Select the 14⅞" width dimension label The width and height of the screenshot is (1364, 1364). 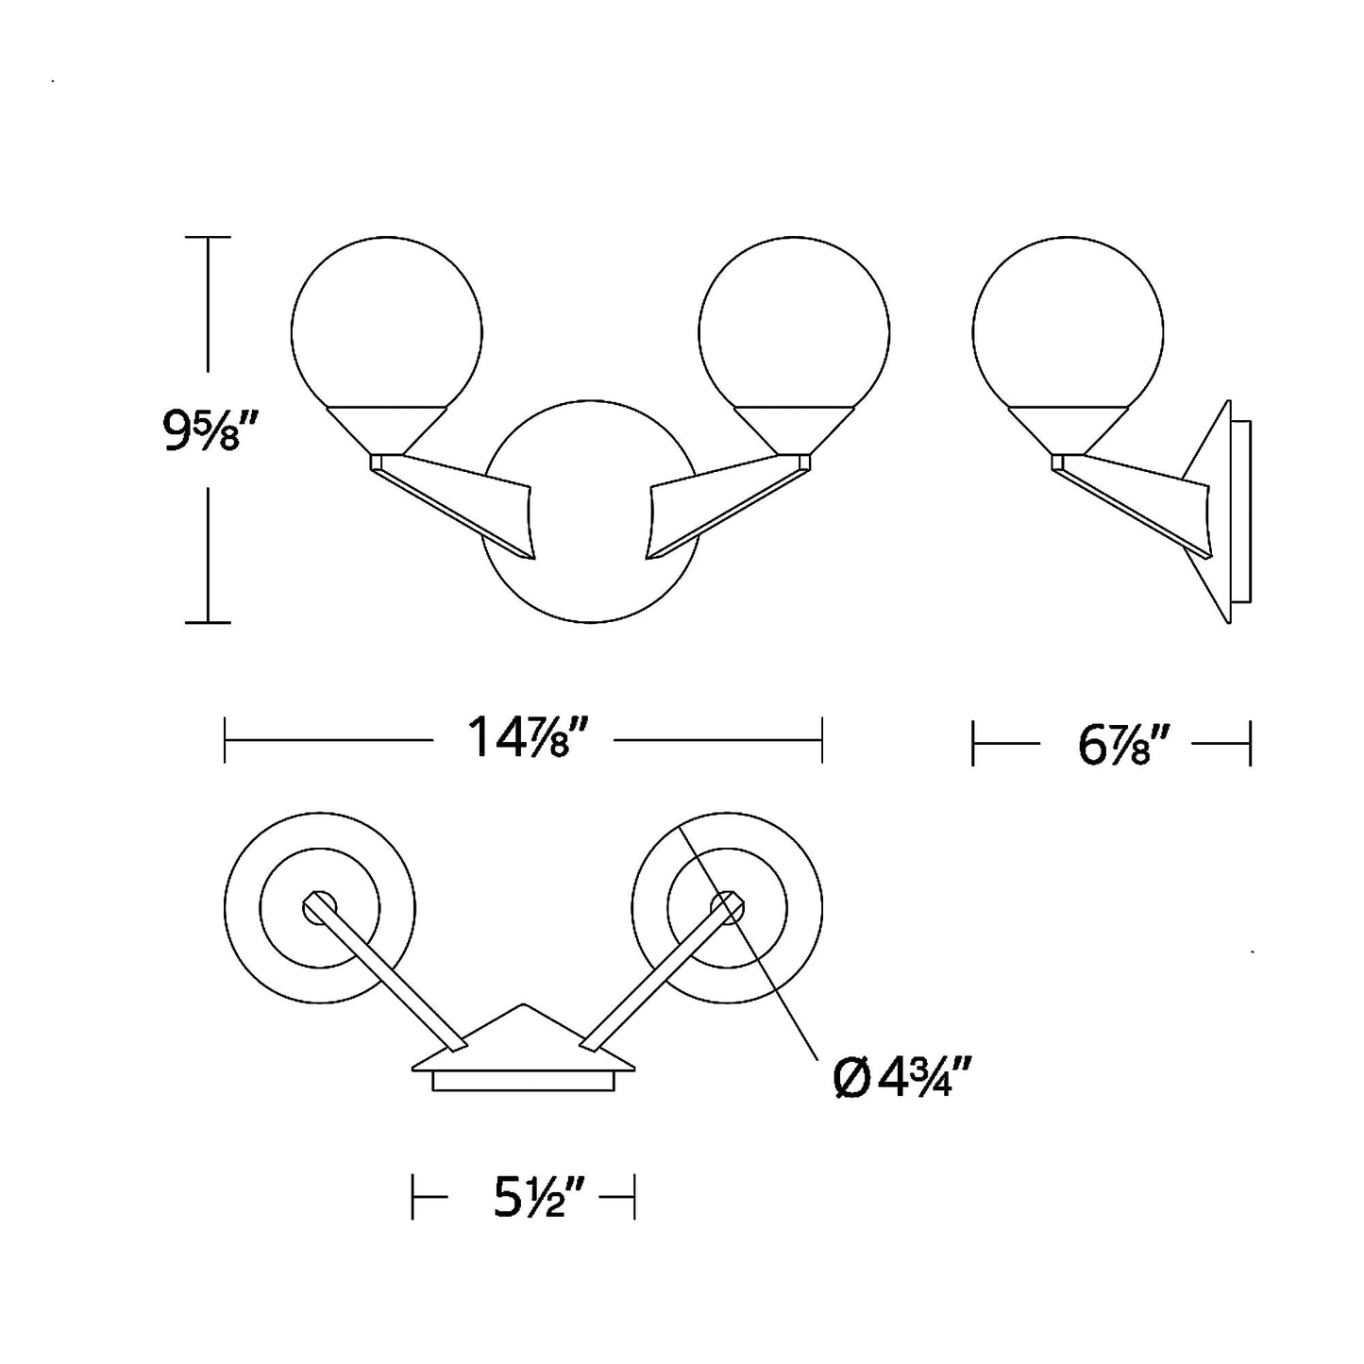(523, 737)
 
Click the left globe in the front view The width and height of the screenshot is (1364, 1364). (386, 323)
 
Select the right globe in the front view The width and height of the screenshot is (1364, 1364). (794, 323)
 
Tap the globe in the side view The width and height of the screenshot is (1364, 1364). (1069, 323)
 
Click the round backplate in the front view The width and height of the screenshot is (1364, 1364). (590, 511)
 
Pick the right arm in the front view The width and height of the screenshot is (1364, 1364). (729, 505)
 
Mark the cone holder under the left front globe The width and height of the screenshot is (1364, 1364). (386, 429)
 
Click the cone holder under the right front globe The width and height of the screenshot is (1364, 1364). (794, 429)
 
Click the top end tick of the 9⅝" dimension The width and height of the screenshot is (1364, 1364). (208, 237)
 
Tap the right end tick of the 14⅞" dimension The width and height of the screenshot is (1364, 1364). (822, 740)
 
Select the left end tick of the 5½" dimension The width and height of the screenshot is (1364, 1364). (412, 1197)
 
